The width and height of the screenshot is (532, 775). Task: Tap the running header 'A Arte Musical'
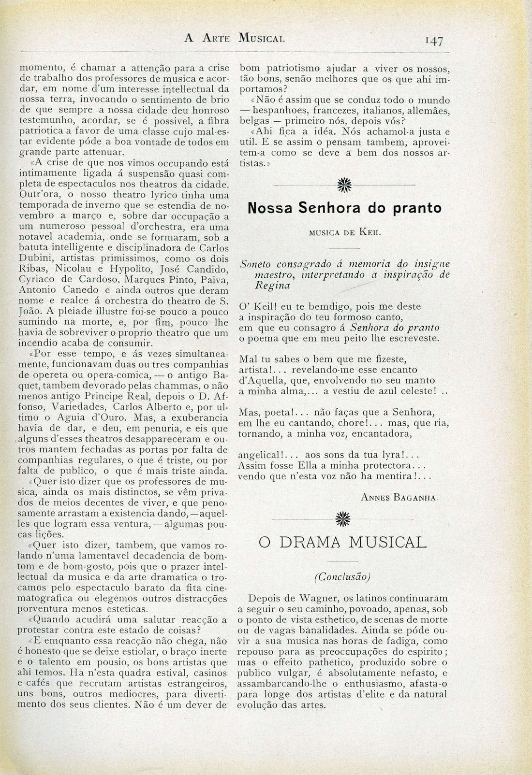coord(235,38)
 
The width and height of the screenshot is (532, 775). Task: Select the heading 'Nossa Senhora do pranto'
coord(344,208)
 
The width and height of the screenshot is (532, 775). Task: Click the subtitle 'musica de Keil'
coord(344,232)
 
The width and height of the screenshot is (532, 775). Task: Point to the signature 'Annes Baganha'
coord(399,497)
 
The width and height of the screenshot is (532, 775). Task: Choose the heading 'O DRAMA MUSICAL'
coord(343,542)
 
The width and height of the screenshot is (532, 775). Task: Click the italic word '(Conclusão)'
coord(342,576)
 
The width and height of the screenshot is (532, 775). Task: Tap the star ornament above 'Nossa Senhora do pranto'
coord(344,185)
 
